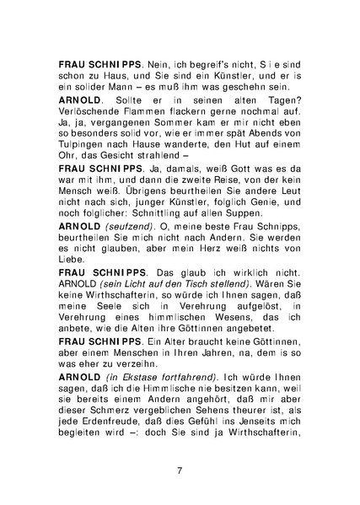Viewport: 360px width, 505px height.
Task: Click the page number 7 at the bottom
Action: tap(180, 470)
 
